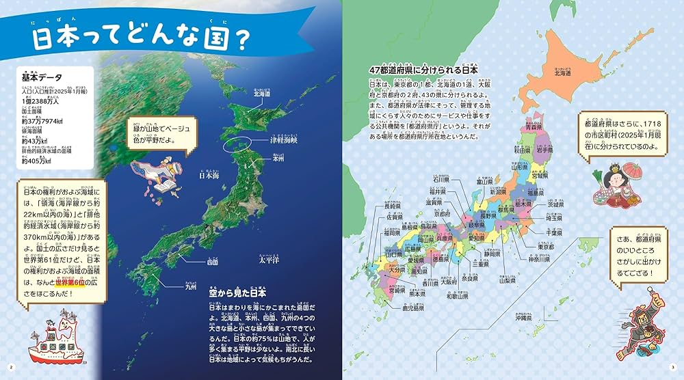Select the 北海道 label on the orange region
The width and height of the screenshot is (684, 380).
[x=562, y=74]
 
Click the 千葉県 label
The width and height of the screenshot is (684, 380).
[x=553, y=233]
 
